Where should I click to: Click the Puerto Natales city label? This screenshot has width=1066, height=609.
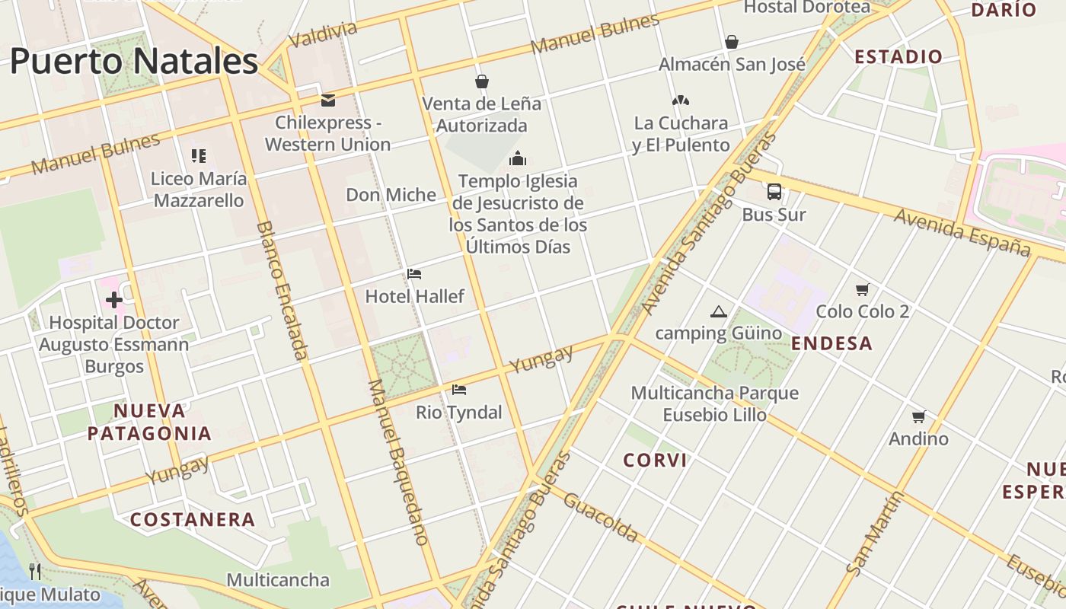134,61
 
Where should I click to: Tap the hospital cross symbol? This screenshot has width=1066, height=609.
114,300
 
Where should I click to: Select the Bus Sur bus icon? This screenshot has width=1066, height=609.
774,192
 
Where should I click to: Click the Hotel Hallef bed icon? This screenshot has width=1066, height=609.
414,274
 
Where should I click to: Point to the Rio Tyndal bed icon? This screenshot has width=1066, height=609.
458,390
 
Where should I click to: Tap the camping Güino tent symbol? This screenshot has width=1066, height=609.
718,311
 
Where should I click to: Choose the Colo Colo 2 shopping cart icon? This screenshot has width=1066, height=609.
862,289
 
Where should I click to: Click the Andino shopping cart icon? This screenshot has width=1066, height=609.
918,416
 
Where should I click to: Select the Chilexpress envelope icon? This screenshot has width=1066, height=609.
328,100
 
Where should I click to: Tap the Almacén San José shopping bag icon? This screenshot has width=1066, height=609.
731,42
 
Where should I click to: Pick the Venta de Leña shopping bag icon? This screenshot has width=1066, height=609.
481,81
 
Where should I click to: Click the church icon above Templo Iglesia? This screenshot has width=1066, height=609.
518,158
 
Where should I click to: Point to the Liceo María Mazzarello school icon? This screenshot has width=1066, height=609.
199,156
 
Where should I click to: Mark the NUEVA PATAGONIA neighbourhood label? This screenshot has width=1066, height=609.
149,422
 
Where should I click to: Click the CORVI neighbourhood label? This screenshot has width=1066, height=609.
655,460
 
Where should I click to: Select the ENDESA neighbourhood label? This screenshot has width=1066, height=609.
831,343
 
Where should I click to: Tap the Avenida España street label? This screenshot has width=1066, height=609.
962,231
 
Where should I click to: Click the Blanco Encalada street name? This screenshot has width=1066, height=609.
282,289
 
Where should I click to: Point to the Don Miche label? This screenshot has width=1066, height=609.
391,195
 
